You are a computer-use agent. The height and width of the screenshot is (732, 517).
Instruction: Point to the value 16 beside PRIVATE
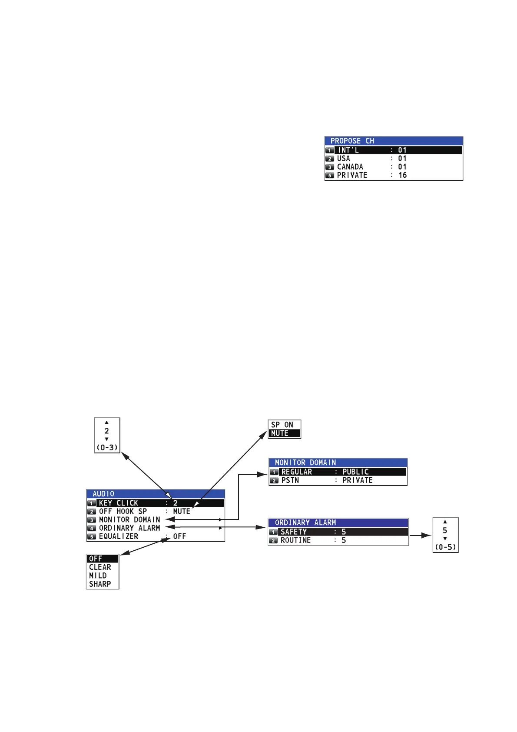(402, 175)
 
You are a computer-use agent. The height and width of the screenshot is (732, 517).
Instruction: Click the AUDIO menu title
(103, 494)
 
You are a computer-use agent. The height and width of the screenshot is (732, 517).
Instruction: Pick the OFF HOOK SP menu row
(123, 511)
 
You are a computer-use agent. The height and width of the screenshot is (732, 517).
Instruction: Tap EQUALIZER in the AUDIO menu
(118, 536)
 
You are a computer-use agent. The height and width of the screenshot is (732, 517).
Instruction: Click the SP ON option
(282, 425)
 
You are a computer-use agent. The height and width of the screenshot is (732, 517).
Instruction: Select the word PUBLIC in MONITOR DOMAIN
(355, 472)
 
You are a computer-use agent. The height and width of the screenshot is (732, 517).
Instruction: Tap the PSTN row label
(290, 480)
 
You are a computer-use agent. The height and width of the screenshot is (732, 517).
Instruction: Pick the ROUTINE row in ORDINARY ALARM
(295, 540)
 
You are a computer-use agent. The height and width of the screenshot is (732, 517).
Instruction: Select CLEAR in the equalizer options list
(100, 567)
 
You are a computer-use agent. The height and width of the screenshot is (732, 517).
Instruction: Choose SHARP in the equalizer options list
(100, 584)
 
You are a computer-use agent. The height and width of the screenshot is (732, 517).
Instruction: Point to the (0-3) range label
(107, 447)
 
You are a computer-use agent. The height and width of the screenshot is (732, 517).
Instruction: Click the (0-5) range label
(445, 547)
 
